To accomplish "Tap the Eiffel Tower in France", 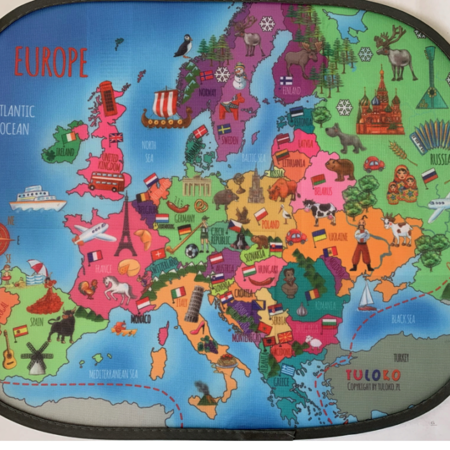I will tap(125, 225).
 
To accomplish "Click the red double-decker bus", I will tap(106, 181).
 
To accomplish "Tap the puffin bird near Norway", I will tap(184, 47).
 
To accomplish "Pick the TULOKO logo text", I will tap(373, 375).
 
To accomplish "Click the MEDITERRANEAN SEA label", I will tap(113, 373).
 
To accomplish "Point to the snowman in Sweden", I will tap(240, 75).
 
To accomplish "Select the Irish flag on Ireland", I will tap(70, 137).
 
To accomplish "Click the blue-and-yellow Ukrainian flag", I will tap(319, 235).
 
